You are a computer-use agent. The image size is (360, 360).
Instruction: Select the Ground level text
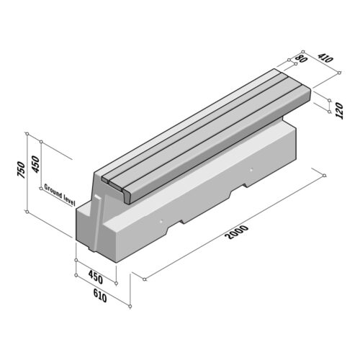point(60,190)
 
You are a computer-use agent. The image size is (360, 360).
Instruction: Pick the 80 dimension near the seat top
point(301,60)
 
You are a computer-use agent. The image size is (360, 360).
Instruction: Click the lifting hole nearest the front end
point(162,222)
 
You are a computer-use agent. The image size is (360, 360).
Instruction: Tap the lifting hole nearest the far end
point(251,170)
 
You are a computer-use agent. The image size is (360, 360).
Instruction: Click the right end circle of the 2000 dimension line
point(325,175)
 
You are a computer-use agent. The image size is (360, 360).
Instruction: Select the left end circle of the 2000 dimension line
point(144,278)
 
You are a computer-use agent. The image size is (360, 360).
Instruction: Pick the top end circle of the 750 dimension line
point(27,134)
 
